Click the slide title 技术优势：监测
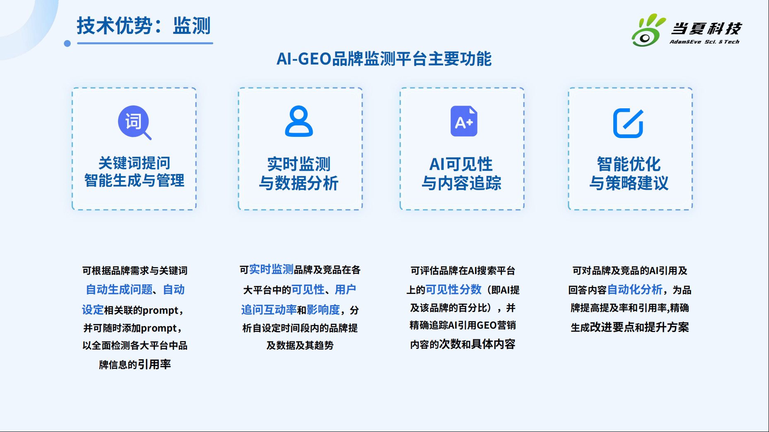point(144,26)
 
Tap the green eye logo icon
point(647,31)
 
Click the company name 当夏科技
point(706,29)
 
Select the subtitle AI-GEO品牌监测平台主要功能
point(384,59)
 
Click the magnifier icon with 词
point(135,122)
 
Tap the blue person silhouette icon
point(299,121)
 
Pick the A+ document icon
point(464,121)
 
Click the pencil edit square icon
point(628,123)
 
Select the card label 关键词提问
point(134,163)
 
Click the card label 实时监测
point(299,164)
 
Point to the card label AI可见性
point(461,164)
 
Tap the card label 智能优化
point(629,164)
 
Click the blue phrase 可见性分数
point(453,289)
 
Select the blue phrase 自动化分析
point(635,289)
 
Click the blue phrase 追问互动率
point(269,310)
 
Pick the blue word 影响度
point(323,310)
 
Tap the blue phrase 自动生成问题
point(119,289)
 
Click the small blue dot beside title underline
point(67,43)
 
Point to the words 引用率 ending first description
point(154,364)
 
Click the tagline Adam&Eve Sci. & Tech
point(704,42)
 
